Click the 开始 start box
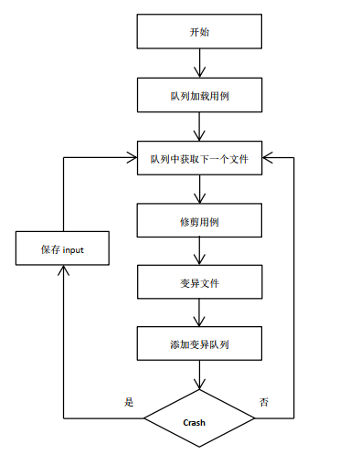click(199, 31)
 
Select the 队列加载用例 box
click(199, 94)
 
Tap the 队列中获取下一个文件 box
click(199, 157)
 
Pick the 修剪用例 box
click(199, 220)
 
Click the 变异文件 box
click(199, 282)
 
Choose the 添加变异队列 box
click(199, 345)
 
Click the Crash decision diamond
click(199, 422)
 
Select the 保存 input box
click(62, 248)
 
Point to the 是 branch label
click(128, 401)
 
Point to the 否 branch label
click(264, 401)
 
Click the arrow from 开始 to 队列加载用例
click(199, 63)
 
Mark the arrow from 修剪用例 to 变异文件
click(199, 251)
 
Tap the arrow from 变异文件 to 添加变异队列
click(199, 314)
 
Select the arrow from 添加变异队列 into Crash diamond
click(199, 377)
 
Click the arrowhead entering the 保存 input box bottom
click(62, 270)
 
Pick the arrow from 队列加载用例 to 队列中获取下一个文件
click(199, 126)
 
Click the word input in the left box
click(74, 248)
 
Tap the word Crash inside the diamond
click(195, 422)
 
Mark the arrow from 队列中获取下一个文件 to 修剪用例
click(199, 188)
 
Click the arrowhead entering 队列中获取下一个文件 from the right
click(267, 157)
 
